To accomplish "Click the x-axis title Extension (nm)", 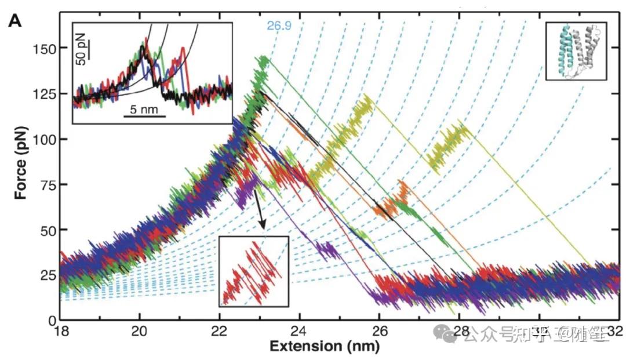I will coord(324,346).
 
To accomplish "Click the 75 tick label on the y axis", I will coord(46,184).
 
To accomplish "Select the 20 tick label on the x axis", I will coord(140,331).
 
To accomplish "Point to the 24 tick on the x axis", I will coord(300,331).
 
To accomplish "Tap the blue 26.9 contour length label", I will coord(278,26).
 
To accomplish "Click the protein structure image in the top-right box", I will coord(576,51).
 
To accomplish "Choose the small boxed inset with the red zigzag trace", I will coord(254,271).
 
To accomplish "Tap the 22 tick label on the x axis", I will coord(220,331).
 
